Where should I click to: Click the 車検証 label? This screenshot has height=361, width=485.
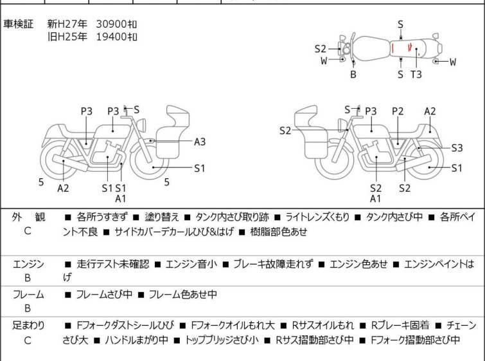point(19,24)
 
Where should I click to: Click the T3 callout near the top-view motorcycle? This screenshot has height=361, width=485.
point(416,74)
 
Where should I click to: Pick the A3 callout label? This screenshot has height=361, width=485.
point(200,142)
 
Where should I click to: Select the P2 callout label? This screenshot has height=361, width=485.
point(398,111)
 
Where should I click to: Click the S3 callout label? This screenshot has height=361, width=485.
point(456,147)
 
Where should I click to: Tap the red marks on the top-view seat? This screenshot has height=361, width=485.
point(401,48)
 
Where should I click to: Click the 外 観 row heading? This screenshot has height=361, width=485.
point(28,218)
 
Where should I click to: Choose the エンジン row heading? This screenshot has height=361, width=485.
point(28,263)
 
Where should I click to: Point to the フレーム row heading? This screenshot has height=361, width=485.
point(28,295)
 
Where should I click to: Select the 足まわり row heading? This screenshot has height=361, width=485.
point(28,326)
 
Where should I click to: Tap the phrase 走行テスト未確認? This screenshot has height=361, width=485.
point(112,264)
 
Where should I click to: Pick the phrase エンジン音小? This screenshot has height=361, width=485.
point(191,264)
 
